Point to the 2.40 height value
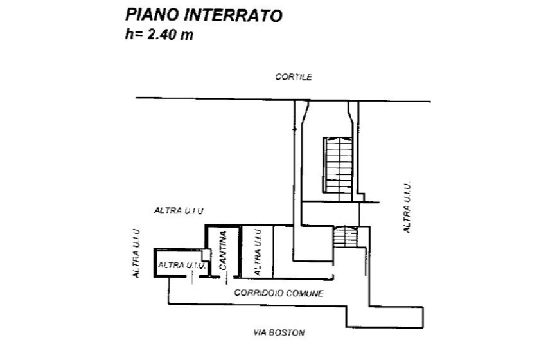coord(162,35)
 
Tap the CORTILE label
coord(294,77)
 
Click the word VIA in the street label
coord(261,333)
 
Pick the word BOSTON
coord(287,333)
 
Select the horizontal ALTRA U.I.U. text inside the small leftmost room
coord(181,264)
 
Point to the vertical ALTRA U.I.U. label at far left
coord(136,252)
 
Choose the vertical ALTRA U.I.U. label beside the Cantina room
coord(258,252)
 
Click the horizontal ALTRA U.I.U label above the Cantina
coord(179,210)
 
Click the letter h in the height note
coord(129,35)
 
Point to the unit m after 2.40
coord(188,35)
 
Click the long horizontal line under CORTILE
coord(212,99)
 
